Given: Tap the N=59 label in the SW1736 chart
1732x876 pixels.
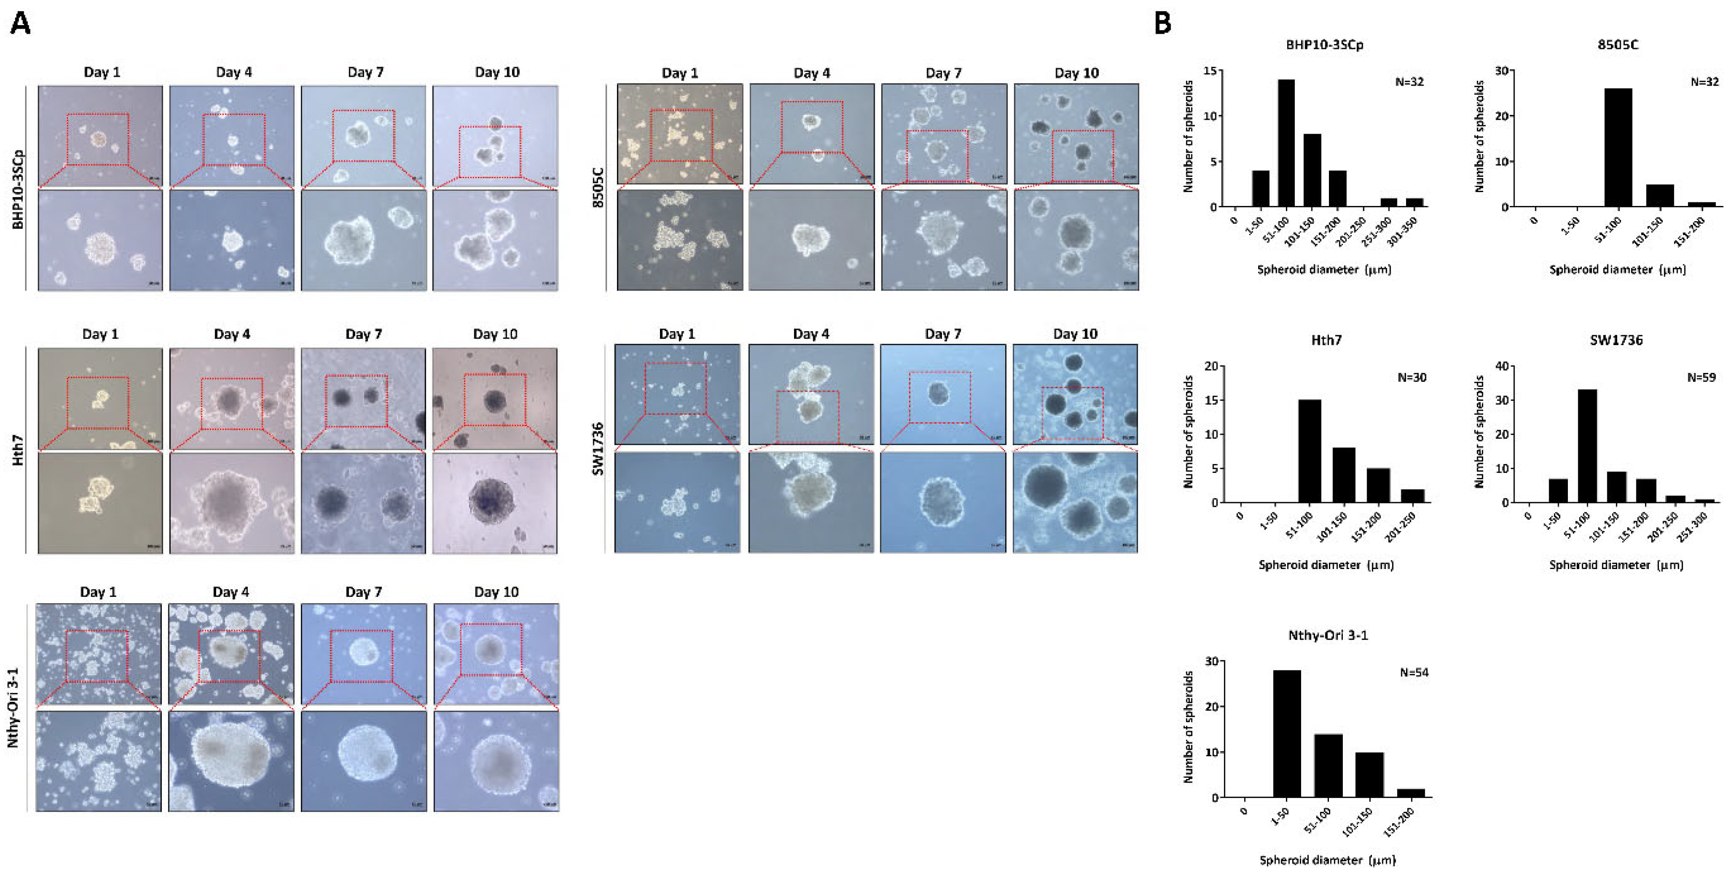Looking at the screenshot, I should pyautogui.click(x=1701, y=377).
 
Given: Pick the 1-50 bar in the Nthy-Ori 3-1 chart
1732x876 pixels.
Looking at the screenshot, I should pyautogui.click(x=1287, y=733).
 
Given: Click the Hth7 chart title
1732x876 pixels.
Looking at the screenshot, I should pyautogui.click(x=1326, y=340).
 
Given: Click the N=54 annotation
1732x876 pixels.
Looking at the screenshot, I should pyautogui.click(x=1414, y=672).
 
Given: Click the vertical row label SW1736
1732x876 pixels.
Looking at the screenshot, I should pyautogui.click(x=597, y=449).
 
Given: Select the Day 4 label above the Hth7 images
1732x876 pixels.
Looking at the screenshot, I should pyautogui.click(x=231, y=334).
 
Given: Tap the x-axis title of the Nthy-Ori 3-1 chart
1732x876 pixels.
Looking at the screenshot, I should pyautogui.click(x=1327, y=860).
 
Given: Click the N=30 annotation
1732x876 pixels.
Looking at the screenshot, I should pyautogui.click(x=1411, y=377).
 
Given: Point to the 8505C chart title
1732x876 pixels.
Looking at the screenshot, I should pyautogui.click(x=1618, y=45).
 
